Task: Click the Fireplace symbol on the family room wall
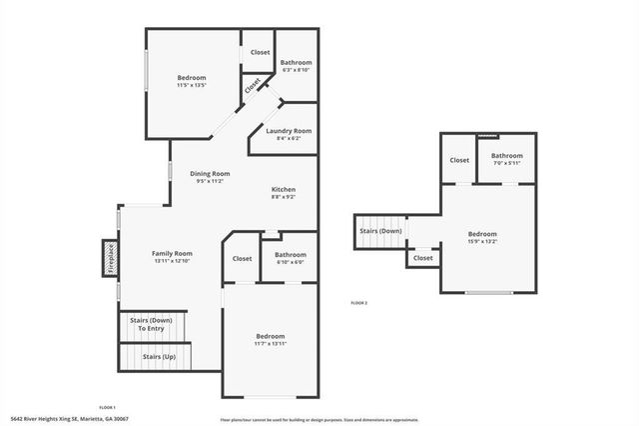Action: click(110, 257)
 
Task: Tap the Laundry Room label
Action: click(289, 131)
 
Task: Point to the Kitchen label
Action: click(285, 189)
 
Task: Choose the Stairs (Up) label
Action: click(159, 356)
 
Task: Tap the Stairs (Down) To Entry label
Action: click(155, 324)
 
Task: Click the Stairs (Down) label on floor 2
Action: click(380, 231)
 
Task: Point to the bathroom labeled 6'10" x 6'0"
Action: click(290, 257)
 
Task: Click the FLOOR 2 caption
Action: click(359, 302)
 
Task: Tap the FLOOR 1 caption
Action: click(107, 407)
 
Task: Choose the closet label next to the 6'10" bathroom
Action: click(242, 258)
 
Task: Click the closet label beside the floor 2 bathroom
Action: click(459, 160)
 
